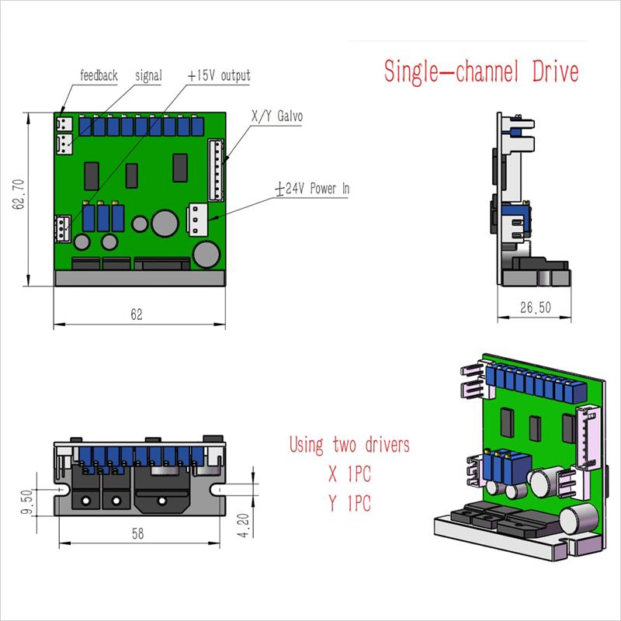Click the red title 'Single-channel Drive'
481,72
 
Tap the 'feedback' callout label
99,76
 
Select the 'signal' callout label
148,76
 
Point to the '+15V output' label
220,76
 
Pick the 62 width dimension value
137,314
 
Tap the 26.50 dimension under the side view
535,307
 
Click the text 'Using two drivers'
349,446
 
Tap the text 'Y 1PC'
349,504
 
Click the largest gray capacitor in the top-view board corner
206,254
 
